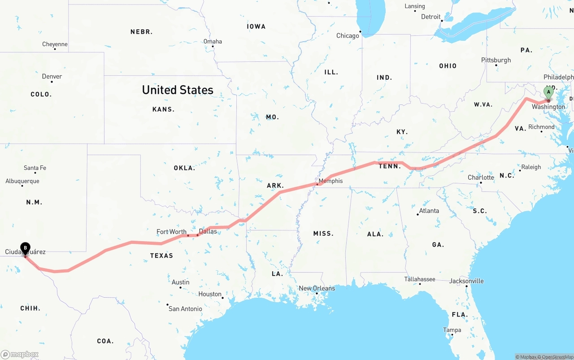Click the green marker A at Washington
[548, 92]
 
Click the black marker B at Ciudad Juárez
[26, 247]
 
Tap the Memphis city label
[330, 181]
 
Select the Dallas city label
[208, 231]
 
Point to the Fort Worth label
[171, 232]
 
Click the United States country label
[178, 90]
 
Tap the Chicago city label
[348, 35]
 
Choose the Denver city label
[52, 76]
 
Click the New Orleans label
[317, 288]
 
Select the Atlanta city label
[429, 211]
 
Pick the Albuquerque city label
[22, 181]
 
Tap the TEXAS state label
[161, 256]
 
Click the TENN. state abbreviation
[390, 166]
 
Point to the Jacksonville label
[466, 281]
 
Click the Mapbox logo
[20, 354]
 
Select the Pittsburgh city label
[496, 60]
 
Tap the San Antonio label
[185, 308]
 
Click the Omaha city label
[213, 41]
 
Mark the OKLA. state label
[184, 168]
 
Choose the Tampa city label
[452, 330]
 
